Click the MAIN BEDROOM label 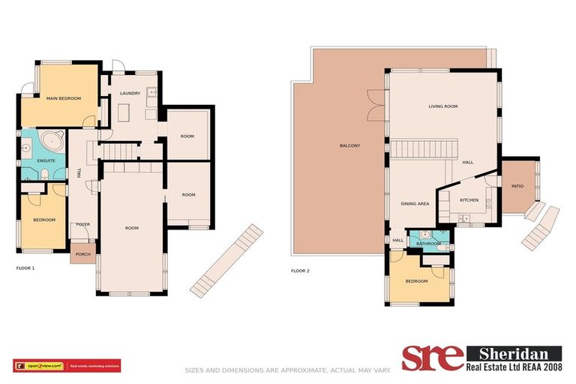63,98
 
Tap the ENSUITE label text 43,160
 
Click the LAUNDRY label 130,93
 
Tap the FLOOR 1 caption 25,268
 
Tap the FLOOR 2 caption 300,271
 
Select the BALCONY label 349,145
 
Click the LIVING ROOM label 442,106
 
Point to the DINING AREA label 414,203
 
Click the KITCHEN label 469,200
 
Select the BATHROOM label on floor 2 428,243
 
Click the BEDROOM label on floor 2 416,280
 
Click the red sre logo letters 432,358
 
